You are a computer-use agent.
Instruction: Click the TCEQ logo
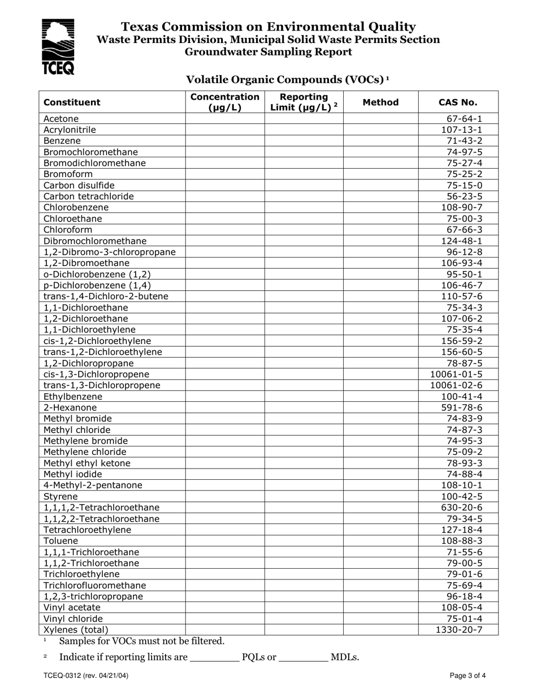coord(58,46)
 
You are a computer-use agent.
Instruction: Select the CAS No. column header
coord(458,102)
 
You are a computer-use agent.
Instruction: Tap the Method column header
coord(380,102)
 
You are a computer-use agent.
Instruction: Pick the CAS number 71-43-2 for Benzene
coord(464,141)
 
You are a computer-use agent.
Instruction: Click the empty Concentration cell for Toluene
coord(225,541)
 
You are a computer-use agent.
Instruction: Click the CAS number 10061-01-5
coord(456,374)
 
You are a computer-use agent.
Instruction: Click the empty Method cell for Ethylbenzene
coord(380,397)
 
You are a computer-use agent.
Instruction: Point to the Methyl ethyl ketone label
coord(87,463)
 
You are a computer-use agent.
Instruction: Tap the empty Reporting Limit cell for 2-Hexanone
coord(304,407)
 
